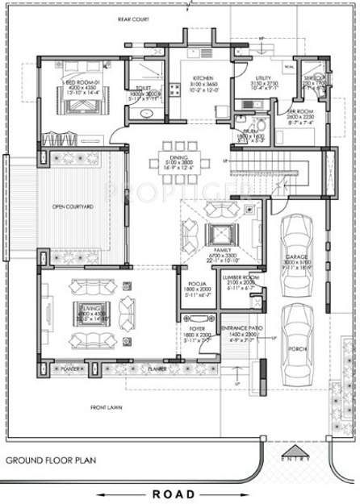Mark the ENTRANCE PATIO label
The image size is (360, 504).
pyautogui.click(x=240, y=330)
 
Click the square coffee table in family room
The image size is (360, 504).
pyautogui.click(x=221, y=235)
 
